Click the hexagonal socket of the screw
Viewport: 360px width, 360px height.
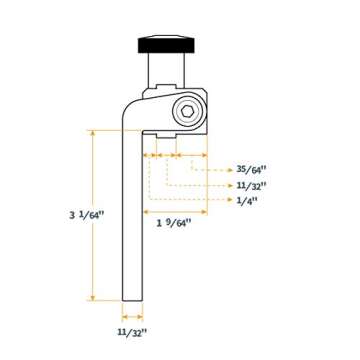[x=188, y=112]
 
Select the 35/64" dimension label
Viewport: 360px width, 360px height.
[x=252, y=170]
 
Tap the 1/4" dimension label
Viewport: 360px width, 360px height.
[x=247, y=200]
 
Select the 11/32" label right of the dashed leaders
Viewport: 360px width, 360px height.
[x=251, y=185]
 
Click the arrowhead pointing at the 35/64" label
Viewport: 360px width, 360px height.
[x=231, y=170]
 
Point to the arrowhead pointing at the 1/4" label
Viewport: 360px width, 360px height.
[x=231, y=200]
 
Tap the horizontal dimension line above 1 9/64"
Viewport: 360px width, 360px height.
[x=175, y=212]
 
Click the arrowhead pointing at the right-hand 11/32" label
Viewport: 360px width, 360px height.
[x=231, y=185]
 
